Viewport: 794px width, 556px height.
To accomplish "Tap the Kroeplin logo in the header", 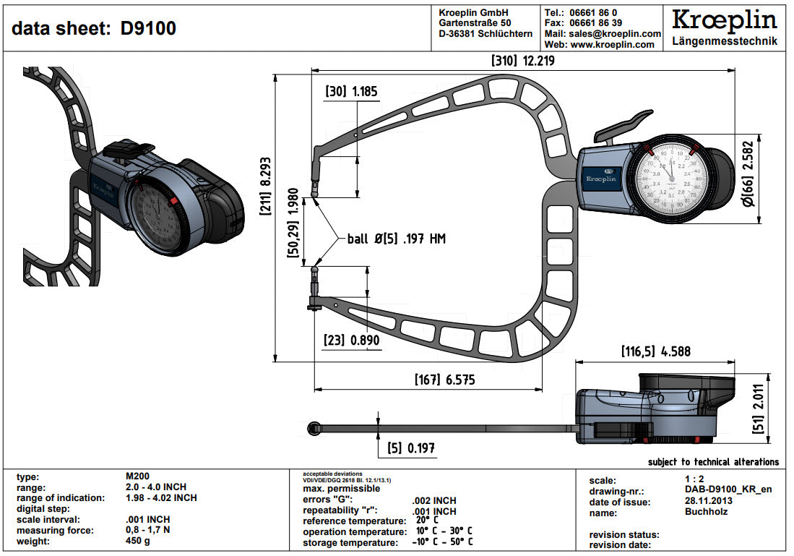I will click(x=724, y=20).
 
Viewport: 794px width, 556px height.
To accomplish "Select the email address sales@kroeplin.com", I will click(x=614, y=33).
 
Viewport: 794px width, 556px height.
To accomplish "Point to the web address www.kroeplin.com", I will click(x=613, y=44).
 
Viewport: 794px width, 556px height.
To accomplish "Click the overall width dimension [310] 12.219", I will click(x=522, y=61).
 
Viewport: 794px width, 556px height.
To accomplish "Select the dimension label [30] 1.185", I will click(x=351, y=92).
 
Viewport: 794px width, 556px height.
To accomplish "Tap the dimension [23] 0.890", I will click(x=352, y=340).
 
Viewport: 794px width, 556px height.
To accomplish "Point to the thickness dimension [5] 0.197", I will click(x=410, y=448).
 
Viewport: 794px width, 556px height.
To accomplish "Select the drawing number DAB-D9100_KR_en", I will click(x=728, y=490).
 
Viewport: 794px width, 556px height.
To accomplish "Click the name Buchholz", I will click(x=706, y=512).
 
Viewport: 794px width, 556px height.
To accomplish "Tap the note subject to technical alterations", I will click(x=713, y=461).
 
